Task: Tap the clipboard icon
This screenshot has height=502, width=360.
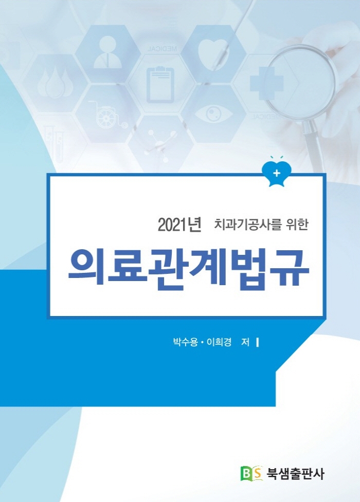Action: (160, 85)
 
